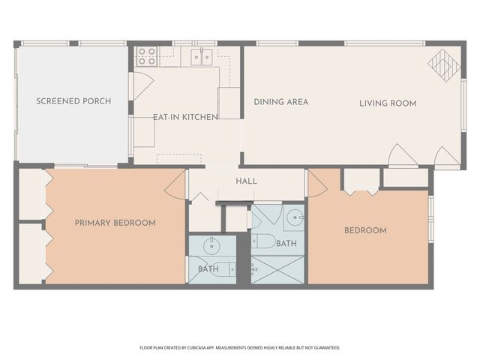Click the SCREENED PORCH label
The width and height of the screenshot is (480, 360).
coord(73,101)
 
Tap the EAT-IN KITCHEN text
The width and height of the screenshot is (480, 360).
coord(185,117)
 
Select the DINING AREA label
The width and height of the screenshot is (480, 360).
coord(280,102)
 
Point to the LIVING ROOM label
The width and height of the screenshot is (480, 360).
coord(387,103)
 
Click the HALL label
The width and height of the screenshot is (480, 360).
coord(246,181)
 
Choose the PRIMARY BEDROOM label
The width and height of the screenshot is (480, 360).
coord(115,223)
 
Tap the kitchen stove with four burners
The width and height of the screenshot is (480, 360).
coord(146,55)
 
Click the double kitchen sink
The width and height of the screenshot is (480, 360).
coord(199,55)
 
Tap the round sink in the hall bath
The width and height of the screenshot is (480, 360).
coord(294,218)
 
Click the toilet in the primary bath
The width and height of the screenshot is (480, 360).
coord(226,269)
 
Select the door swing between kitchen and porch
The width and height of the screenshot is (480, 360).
coord(141,85)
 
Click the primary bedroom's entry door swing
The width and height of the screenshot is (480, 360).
coord(175,184)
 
